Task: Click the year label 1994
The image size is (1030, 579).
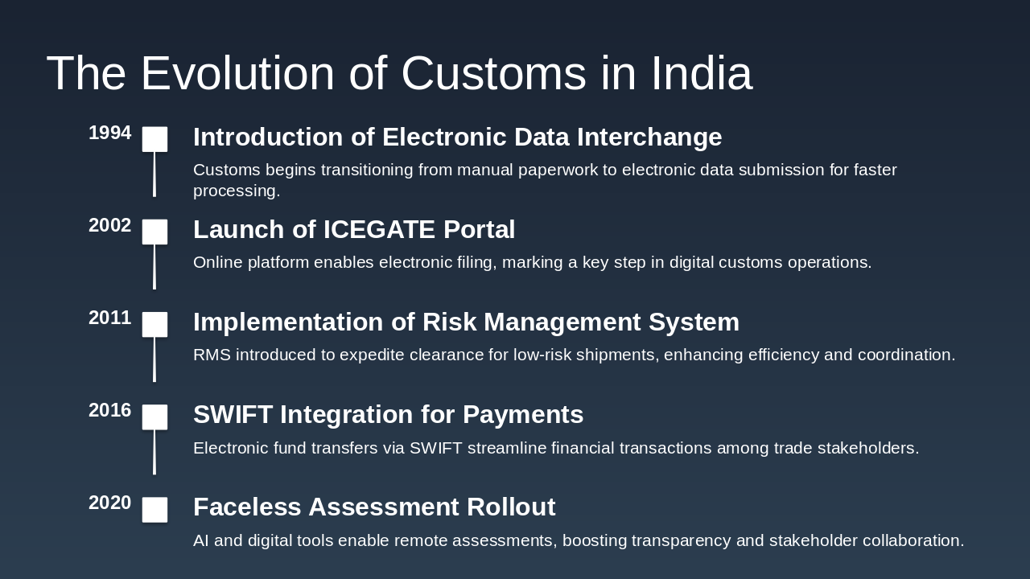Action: [109, 133]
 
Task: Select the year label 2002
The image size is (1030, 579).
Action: [109, 226]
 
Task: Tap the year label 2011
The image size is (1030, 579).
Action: [109, 318]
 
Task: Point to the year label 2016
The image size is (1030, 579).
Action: [109, 411]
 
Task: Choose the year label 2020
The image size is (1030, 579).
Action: [109, 503]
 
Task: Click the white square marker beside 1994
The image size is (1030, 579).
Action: [154, 139]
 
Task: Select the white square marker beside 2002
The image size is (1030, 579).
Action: [154, 232]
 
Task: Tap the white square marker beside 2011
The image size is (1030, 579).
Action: [154, 324]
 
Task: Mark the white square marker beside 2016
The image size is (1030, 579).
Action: [154, 417]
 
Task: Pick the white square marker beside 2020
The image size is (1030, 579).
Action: [154, 510]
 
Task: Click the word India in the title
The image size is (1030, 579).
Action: [701, 73]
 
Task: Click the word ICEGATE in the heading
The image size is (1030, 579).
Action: [379, 230]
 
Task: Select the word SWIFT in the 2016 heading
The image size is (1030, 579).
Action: [233, 415]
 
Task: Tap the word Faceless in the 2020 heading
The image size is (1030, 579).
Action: [246, 507]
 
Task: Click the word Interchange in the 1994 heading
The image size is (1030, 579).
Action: [649, 138]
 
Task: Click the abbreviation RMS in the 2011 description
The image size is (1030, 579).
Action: [212, 355]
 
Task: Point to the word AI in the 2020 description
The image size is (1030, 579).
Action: [201, 541]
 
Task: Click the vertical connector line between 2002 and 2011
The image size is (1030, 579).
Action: [154, 267]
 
